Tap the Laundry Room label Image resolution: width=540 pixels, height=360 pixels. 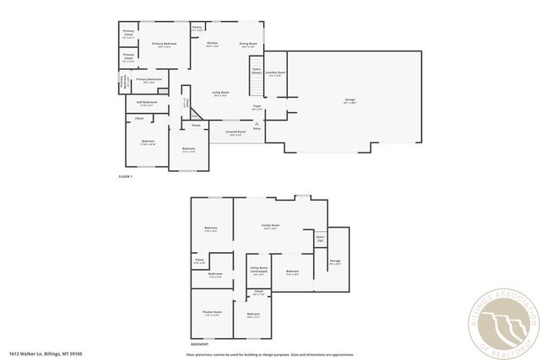(x=276, y=73)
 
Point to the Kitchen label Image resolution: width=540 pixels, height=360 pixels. (x=213, y=44)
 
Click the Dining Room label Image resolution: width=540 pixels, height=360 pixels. (x=247, y=44)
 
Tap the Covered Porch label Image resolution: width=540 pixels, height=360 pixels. (x=235, y=132)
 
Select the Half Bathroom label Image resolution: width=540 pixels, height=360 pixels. (x=147, y=103)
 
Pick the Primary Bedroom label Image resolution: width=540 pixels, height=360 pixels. (x=164, y=44)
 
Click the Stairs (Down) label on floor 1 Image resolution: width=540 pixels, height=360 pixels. (x=256, y=71)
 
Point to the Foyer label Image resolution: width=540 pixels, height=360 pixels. (x=256, y=107)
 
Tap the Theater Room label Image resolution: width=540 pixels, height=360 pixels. (x=211, y=314)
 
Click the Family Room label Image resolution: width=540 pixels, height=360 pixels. (x=271, y=227)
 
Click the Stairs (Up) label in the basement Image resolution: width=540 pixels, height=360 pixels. (x=320, y=239)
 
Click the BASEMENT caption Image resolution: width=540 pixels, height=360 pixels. (x=200, y=345)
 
